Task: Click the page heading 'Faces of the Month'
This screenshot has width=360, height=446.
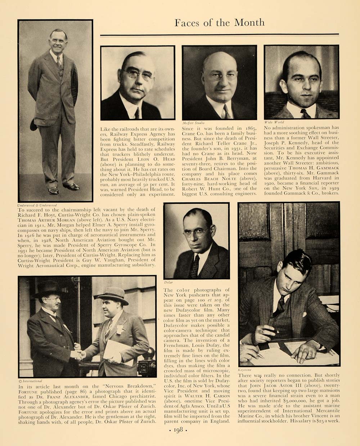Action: click(x=219, y=23)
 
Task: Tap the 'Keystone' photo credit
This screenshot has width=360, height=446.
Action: click(x=245, y=370)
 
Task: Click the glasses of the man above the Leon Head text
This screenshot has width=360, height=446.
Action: click(x=138, y=74)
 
